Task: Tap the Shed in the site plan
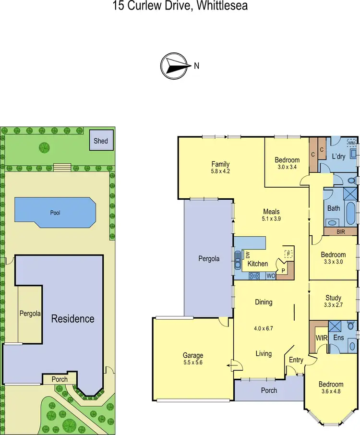(x=101, y=141)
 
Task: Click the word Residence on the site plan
(x=73, y=318)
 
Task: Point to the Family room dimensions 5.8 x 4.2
(x=221, y=170)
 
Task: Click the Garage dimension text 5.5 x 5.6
(x=192, y=363)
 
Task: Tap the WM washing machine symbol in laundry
(x=351, y=143)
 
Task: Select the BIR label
(x=341, y=231)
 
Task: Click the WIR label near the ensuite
(x=321, y=338)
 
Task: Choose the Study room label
(x=333, y=298)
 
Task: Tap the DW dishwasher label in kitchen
(x=248, y=254)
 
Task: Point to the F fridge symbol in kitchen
(x=288, y=254)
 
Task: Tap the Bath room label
(x=333, y=209)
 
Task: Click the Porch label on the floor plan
(x=269, y=390)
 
